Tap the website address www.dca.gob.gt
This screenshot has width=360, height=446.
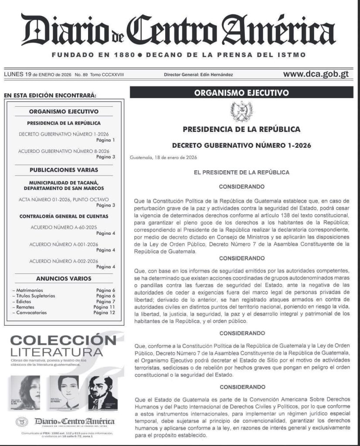pos(316,74)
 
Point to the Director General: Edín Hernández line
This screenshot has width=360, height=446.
pos(198,74)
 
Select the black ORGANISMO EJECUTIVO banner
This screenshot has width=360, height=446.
pos(241,92)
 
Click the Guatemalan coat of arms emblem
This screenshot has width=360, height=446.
pos(241,111)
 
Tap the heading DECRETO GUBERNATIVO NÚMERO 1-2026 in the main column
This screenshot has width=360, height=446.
pos(241,145)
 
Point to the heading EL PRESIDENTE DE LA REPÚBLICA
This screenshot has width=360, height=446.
pos(241,172)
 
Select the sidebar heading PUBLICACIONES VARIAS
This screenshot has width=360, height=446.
pos(64,170)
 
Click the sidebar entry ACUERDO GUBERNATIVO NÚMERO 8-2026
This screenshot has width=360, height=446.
pos(64,151)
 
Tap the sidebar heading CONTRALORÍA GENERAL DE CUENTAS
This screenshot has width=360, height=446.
pos(64,216)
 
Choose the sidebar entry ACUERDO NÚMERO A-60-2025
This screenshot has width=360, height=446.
pos(64,227)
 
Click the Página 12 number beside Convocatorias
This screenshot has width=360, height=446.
pos(104,312)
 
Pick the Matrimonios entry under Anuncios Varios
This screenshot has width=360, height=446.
pos(27,290)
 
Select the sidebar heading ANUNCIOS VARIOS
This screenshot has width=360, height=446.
pos(64,278)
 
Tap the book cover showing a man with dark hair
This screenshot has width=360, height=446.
pos(103,392)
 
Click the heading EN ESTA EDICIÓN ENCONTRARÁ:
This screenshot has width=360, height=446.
pos(49,95)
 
